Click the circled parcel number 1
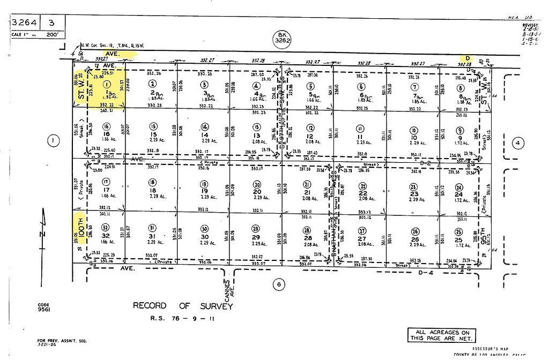[x=107, y=84]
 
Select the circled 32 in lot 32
[x=106, y=227]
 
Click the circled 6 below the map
[x=278, y=284]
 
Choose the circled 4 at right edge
[x=517, y=143]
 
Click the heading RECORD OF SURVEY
[x=183, y=306]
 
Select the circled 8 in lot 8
[x=459, y=88]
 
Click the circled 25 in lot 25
[x=458, y=232]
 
